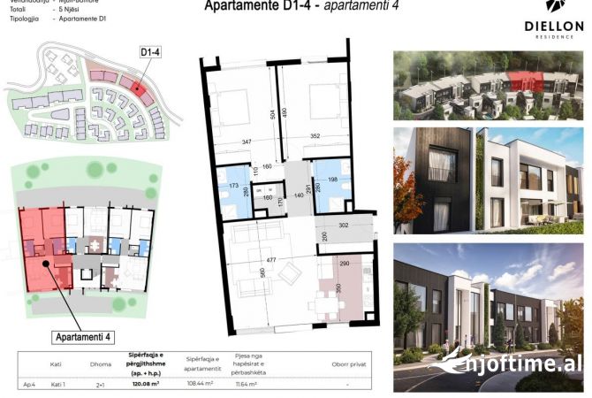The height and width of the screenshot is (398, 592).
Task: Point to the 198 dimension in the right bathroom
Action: pos(334,180)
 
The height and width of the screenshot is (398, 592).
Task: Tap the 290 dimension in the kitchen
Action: pos(345,264)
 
